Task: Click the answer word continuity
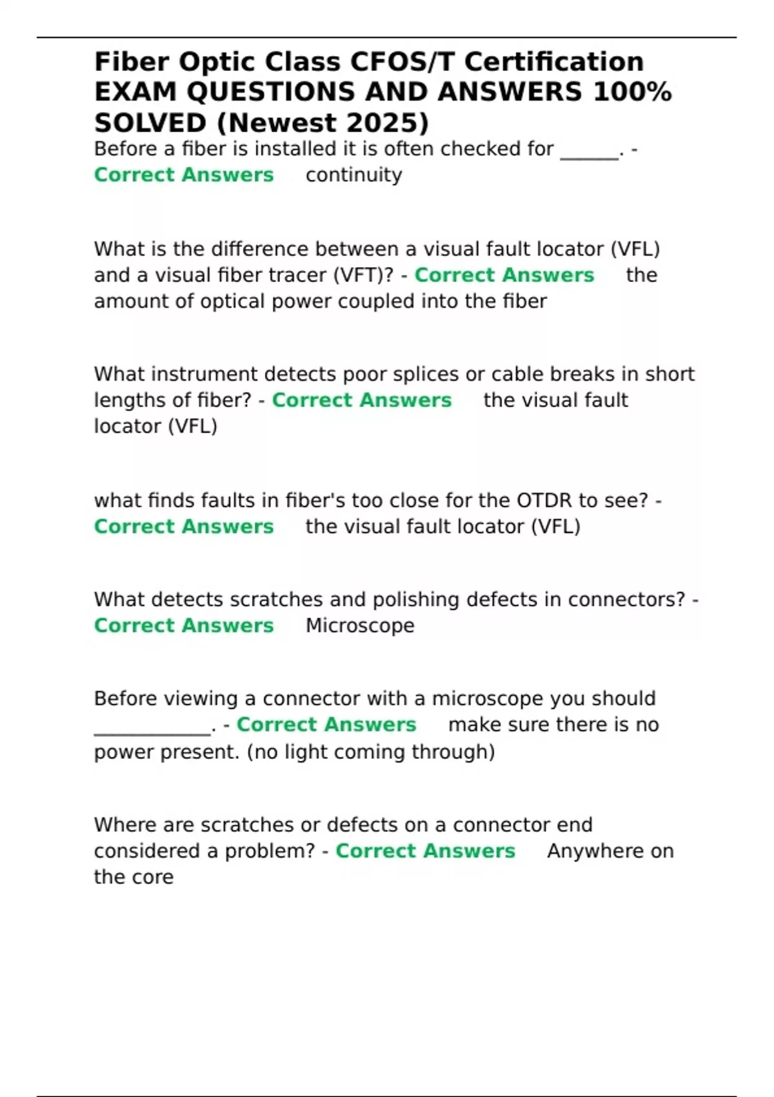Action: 353,175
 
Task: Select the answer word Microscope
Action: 360,625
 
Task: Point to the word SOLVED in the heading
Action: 150,123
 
